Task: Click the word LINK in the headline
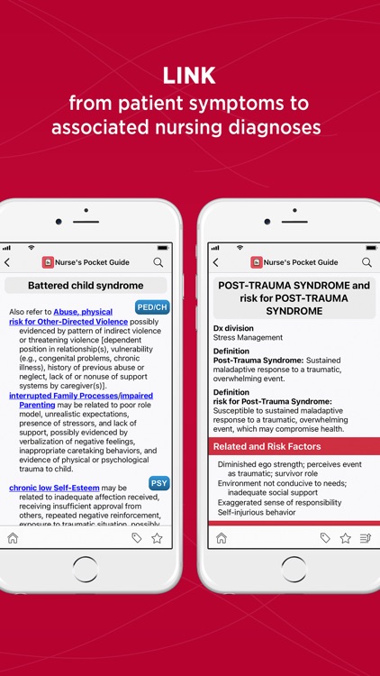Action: click(x=190, y=75)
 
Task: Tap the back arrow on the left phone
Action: click(x=7, y=262)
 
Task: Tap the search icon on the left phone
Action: click(x=158, y=262)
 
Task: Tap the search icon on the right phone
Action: click(x=366, y=262)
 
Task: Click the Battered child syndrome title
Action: click(x=86, y=286)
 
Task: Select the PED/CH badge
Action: click(x=152, y=307)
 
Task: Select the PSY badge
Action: click(x=158, y=483)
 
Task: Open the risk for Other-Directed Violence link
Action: click(x=68, y=321)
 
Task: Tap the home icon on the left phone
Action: click(x=13, y=538)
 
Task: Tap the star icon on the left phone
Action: click(x=157, y=538)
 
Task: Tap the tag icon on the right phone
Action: click(x=325, y=538)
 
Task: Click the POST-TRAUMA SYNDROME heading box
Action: click(x=294, y=298)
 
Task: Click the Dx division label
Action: click(x=233, y=328)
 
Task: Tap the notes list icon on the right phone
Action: click(x=366, y=538)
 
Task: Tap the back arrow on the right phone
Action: click(x=215, y=262)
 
